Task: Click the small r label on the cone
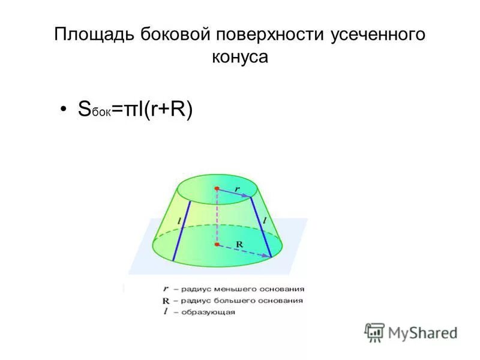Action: tap(237, 188)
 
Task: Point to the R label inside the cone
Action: tap(239, 244)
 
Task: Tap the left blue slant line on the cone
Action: tap(182, 230)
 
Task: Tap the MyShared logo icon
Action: tap(374, 332)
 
